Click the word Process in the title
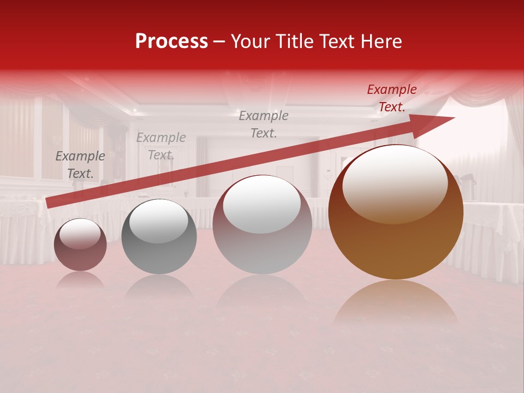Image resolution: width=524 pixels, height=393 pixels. pyautogui.click(x=171, y=41)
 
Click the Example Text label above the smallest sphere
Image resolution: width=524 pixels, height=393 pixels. pyautogui.click(x=80, y=165)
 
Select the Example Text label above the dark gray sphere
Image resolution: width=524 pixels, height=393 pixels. pyautogui.click(x=160, y=146)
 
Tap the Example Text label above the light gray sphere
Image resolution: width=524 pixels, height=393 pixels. pyautogui.click(x=264, y=124)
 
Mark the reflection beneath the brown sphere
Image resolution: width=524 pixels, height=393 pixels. pyautogui.click(x=396, y=303)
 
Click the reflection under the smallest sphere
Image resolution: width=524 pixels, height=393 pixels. pyautogui.click(x=80, y=279)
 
